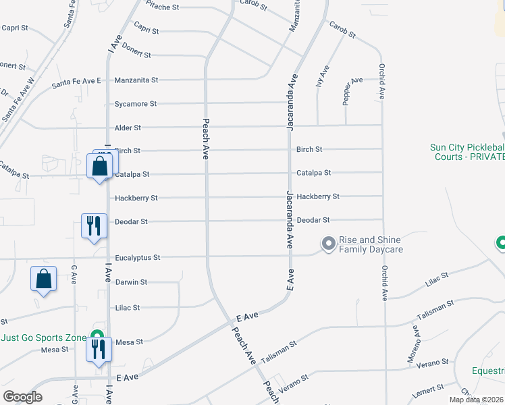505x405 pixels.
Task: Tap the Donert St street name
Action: [138, 55]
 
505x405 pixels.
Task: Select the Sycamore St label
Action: [136, 104]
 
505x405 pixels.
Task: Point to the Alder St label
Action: [128, 128]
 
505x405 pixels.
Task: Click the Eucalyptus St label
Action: [138, 258]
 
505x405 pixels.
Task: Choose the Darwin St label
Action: [131, 282]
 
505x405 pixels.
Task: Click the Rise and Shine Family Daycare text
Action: [371, 244]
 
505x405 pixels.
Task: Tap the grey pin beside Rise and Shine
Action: [329, 243]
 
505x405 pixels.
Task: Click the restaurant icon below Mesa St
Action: [99, 350]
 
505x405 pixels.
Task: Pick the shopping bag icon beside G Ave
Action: [43, 279]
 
